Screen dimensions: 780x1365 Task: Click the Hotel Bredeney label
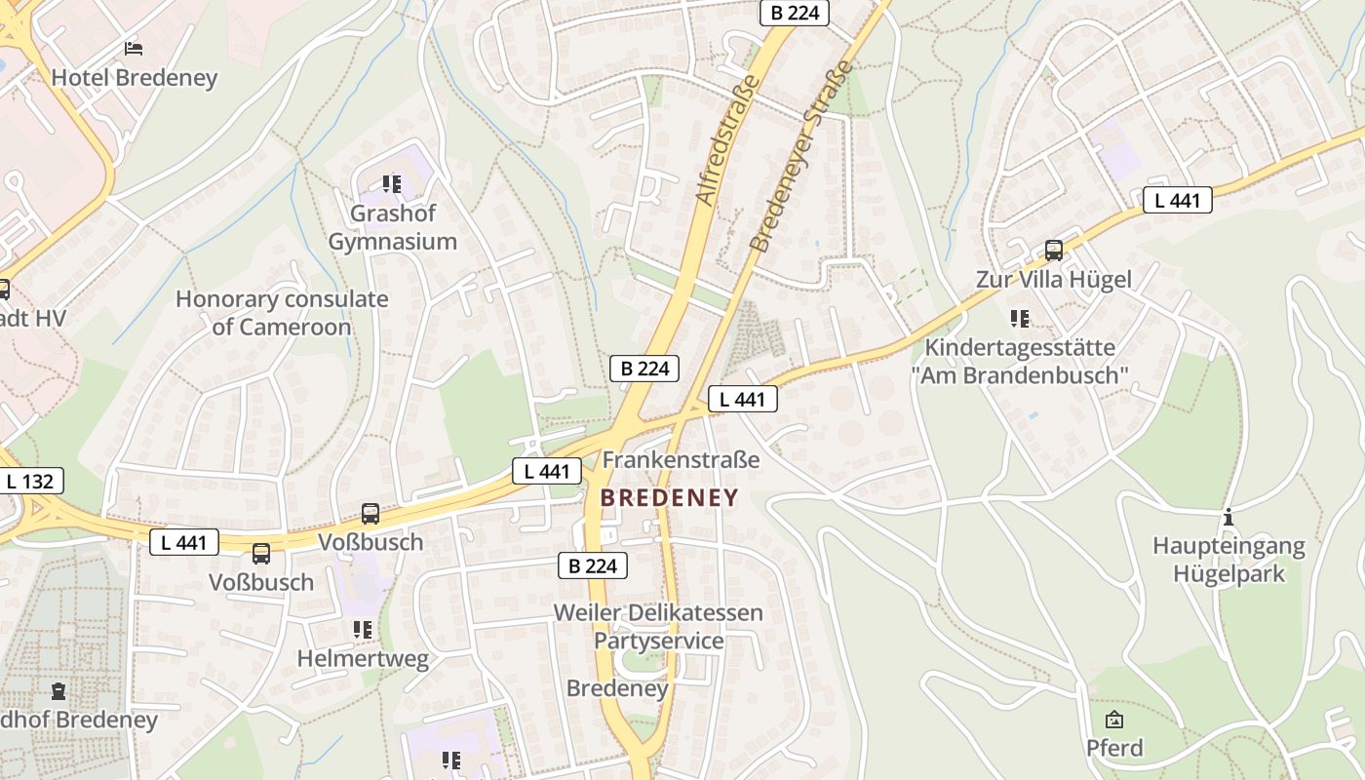134,78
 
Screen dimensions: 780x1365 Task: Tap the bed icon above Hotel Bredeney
134,48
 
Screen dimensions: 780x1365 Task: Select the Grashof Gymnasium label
392,227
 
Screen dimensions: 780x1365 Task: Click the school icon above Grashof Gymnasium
392,183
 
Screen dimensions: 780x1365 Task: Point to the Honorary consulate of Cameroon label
282,313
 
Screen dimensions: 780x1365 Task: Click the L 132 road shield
30,481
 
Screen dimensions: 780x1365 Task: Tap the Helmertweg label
363,659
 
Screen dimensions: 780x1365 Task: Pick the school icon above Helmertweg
363,630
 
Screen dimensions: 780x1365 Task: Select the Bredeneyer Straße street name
801,156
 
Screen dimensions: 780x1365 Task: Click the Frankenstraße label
681,459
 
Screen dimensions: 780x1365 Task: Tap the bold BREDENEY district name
669,498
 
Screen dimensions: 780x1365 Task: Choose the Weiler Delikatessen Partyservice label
658,627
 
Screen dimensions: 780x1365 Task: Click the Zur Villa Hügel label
1053,280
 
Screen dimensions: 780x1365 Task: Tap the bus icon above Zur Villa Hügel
1053,251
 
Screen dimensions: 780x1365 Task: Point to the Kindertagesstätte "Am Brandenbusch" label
1020,361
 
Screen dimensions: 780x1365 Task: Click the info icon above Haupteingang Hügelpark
1228,517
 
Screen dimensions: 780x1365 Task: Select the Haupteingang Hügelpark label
1228,560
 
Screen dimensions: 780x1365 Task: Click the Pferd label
1114,748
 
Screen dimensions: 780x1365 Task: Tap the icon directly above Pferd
1114,720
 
